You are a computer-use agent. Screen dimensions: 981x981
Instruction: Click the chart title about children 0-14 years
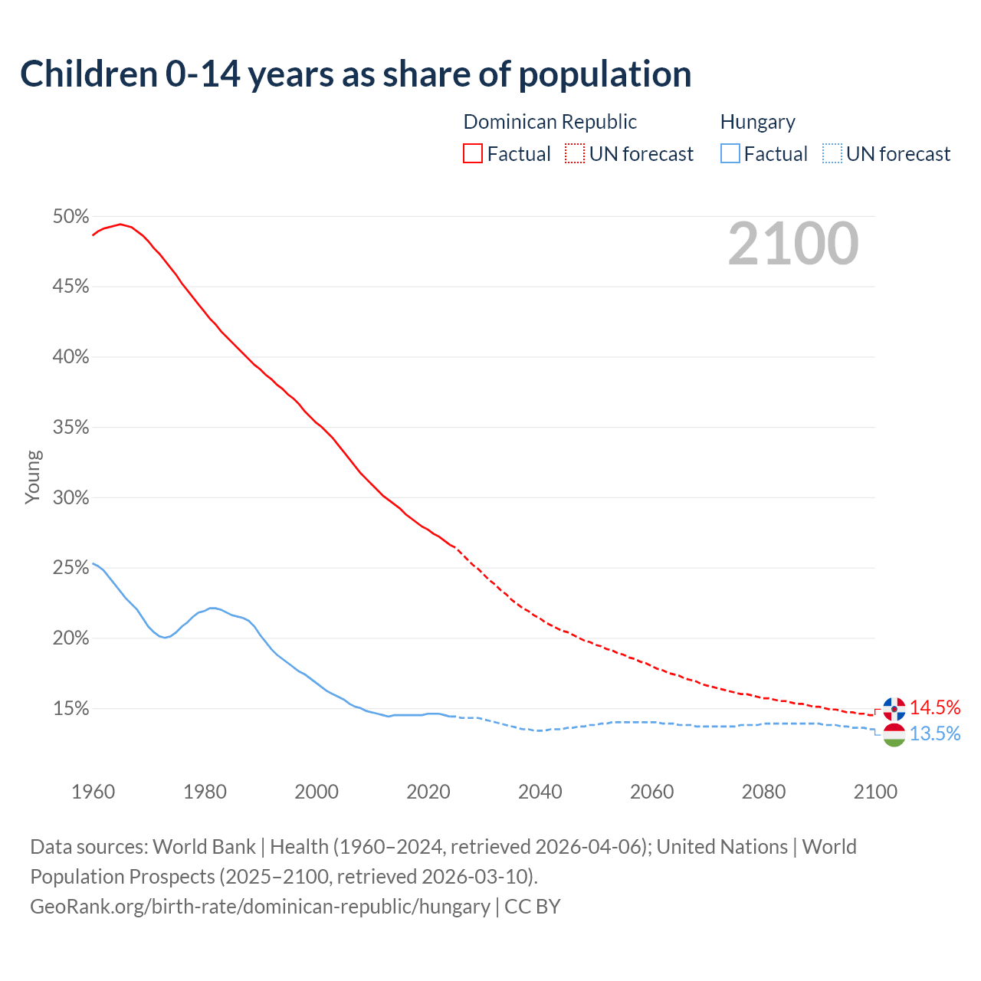coord(356,74)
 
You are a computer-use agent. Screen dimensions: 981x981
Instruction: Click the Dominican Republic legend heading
coord(550,122)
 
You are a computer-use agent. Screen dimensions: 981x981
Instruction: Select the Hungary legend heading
coord(757,122)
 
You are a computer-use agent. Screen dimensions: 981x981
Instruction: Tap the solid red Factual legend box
coord(473,154)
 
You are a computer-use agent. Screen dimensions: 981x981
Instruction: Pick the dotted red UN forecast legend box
coord(575,154)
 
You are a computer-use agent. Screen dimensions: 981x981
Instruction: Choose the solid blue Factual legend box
coord(730,154)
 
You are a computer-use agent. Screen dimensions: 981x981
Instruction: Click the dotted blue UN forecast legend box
coord(832,154)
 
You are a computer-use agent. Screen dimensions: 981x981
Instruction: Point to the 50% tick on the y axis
coord(71,217)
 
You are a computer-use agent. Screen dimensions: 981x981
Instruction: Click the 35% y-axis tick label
coord(71,428)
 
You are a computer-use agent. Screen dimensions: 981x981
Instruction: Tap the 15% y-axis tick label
coord(71,709)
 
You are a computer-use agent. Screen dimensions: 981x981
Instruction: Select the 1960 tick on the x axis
coord(93,792)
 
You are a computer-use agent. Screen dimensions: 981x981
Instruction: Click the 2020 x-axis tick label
coord(428,792)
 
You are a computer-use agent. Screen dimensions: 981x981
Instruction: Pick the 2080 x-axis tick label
coord(763,792)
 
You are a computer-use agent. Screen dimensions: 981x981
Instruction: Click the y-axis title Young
coord(33,477)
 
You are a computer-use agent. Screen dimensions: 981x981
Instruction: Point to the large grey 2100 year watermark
coord(793,244)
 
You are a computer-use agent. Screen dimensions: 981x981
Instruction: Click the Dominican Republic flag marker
coord(894,709)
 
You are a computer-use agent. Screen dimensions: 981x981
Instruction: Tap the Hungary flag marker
coord(894,735)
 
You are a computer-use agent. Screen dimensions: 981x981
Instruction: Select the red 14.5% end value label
coord(935,707)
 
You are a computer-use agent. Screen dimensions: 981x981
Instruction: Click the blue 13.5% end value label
coord(935,734)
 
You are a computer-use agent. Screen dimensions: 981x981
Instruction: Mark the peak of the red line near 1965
coord(120,224)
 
